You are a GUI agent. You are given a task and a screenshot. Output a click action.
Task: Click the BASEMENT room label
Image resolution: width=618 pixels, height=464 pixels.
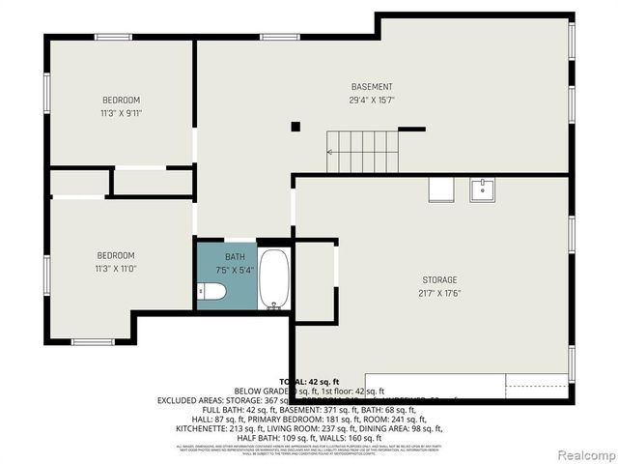click(372, 87)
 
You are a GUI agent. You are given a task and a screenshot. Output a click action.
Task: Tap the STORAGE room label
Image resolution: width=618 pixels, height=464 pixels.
click(439, 280)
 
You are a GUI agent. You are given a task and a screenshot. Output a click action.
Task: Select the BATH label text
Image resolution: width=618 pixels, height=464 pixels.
click(236, 256)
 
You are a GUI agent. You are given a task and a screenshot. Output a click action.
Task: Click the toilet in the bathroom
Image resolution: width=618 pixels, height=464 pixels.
click(211, 291)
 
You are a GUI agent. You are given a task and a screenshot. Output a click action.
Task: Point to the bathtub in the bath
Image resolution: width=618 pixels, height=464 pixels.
click(273, 278)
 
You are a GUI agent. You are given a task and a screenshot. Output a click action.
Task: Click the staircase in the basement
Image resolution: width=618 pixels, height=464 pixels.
click(362, 152)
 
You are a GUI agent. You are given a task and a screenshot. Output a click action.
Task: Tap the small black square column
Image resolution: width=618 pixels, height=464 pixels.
click(295, 126)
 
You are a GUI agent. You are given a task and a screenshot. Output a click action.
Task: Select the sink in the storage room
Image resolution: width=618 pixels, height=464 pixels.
click(483, 188)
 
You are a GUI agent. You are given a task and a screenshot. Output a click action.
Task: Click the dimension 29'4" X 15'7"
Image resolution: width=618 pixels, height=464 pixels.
click(372, 100)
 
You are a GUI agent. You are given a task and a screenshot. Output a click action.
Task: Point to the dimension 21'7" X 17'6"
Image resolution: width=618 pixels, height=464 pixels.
click(439, 293)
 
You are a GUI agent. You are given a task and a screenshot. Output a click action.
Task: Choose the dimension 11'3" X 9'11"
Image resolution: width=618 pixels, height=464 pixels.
click(122, 113)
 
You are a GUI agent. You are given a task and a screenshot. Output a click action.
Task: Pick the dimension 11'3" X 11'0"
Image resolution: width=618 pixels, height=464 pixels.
click(116, 269)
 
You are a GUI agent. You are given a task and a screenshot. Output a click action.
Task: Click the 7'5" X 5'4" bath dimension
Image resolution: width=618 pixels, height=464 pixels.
click(236, 269)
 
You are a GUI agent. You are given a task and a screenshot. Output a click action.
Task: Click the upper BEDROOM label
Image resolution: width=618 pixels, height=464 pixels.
click(122, 101)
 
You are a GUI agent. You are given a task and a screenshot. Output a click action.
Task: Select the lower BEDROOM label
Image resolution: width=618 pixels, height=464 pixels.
click(116, 255)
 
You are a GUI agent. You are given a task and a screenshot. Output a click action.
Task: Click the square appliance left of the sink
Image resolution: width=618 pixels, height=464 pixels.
click(441, 189)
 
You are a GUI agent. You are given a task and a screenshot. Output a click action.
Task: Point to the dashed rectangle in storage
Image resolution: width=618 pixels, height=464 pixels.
click(537, 386)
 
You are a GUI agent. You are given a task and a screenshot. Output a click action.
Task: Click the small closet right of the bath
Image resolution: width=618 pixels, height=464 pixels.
click(314, 280)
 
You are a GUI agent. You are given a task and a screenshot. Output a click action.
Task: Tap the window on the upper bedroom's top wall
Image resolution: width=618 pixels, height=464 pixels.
click(113, 38)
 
